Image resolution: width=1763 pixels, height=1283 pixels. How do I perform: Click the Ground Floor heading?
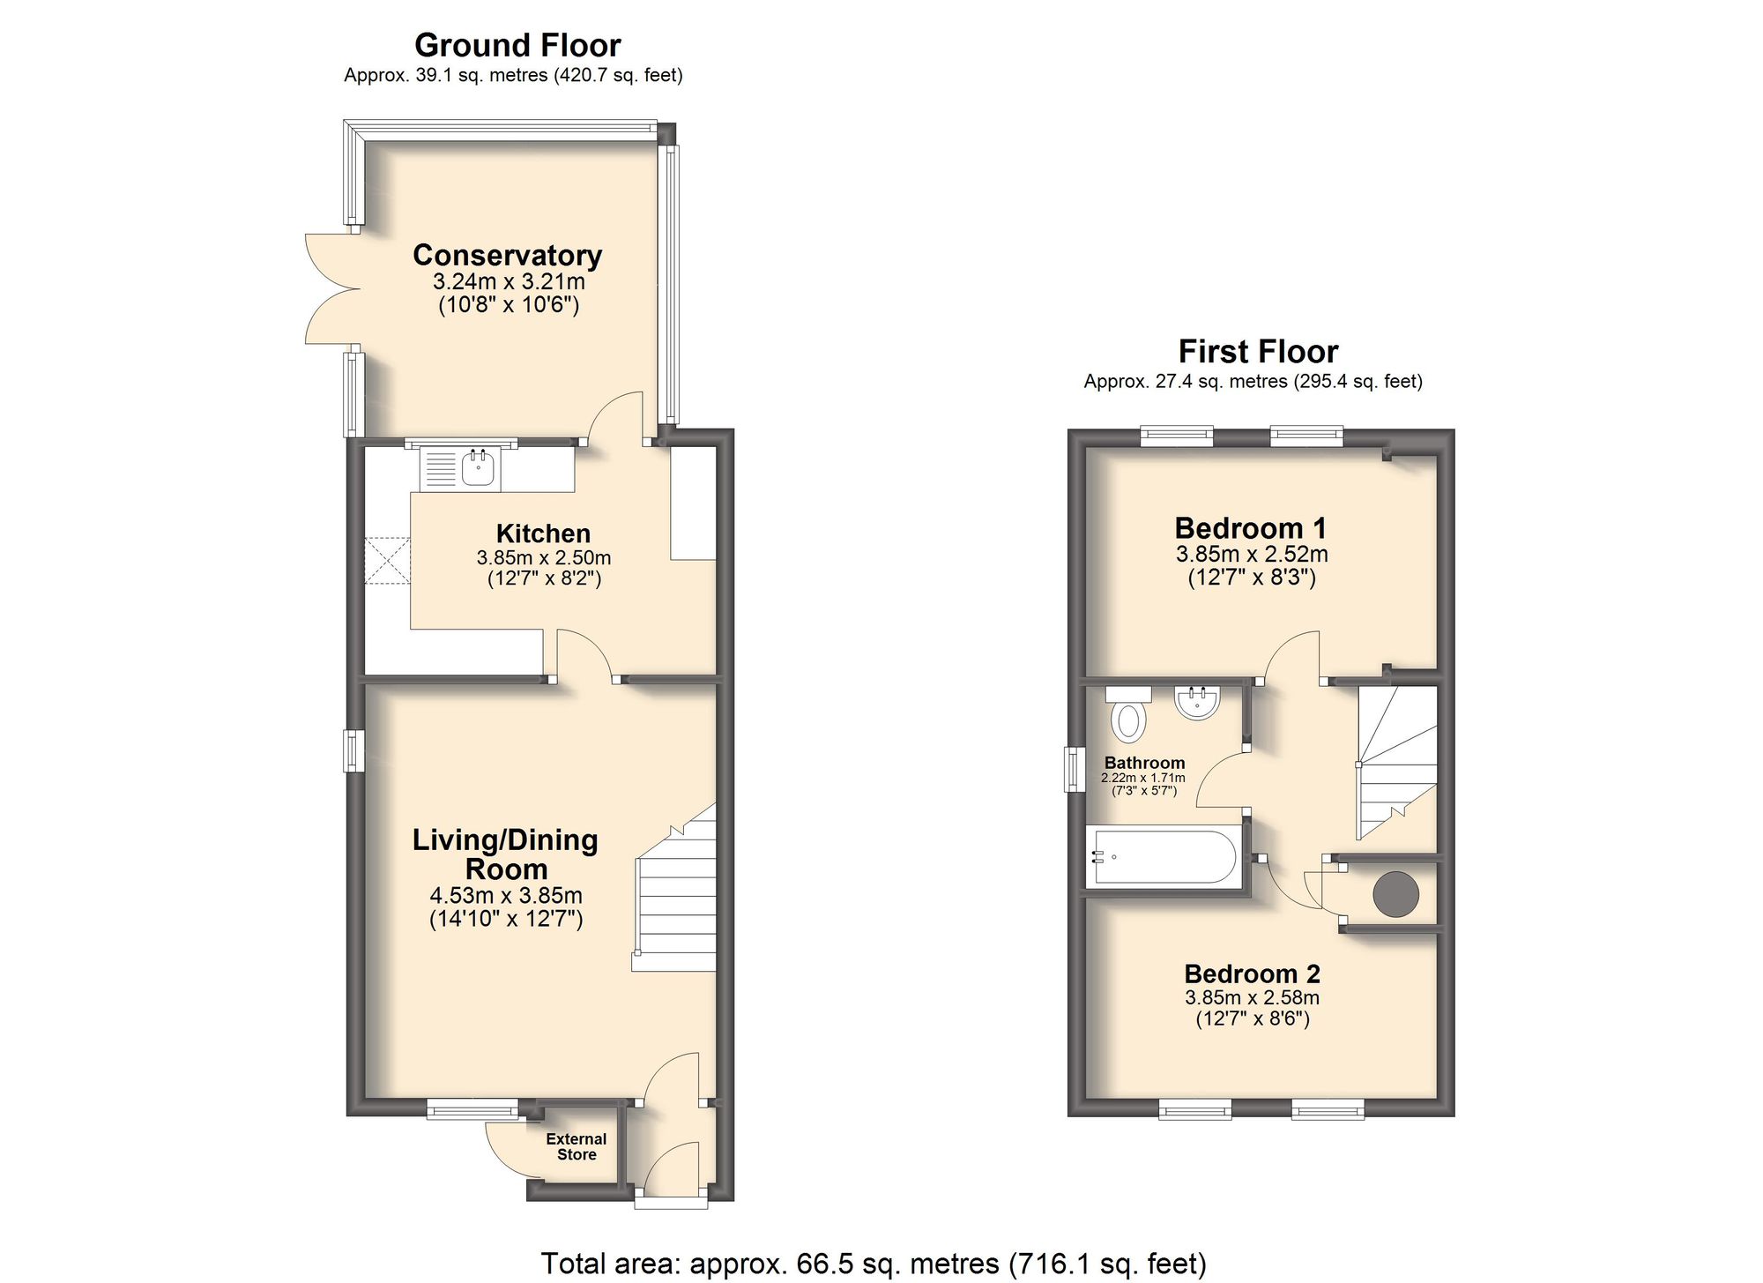[517, 45]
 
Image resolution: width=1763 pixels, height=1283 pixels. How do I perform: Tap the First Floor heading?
[1257, 352]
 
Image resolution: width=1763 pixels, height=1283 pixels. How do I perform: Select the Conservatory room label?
[507, 255]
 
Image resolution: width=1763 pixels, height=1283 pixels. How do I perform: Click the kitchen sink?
[478, 467]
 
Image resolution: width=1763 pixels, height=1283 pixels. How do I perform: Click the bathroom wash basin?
[1197, 703]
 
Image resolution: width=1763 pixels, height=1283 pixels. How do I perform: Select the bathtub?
[1164, 855]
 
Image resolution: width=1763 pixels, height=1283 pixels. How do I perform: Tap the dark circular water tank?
[1395, 894]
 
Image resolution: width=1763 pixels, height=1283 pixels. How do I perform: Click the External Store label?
[577, 1146]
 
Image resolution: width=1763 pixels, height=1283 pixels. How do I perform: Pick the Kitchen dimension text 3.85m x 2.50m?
[543, 557]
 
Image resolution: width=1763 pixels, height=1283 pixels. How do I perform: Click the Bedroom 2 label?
[1252, 973]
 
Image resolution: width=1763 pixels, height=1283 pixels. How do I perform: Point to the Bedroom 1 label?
[1250, 528]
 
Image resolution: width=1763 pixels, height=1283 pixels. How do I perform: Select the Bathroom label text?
[1144, 763]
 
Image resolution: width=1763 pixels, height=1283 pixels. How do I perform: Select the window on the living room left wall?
[353, 750]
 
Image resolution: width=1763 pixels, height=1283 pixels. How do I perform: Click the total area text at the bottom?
[873, 1264]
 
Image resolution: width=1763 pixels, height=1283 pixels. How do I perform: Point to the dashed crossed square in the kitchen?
[388, 561]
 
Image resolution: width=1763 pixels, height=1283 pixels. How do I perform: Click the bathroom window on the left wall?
[1074, 769]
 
